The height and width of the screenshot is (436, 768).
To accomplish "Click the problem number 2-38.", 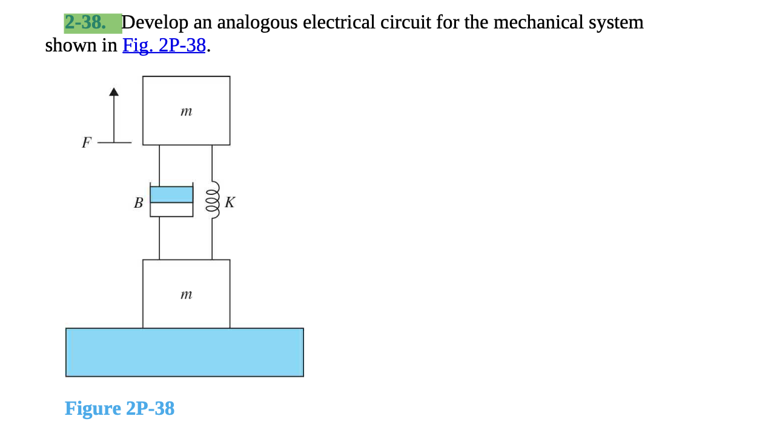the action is tap(85, 22).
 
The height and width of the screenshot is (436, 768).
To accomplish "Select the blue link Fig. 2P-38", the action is tap(164, 45).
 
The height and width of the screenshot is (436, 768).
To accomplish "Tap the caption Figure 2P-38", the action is tap(119, 408).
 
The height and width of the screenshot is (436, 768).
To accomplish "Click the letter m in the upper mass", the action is tap(187, 111).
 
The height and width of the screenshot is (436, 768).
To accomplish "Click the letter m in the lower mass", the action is tap(187, 295).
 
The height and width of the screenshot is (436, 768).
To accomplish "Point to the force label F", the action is tap(87, 143).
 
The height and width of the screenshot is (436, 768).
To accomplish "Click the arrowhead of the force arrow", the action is tap(113, 92).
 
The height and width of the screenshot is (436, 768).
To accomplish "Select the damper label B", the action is tap(139, 203).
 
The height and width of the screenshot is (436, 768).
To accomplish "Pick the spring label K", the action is tap(230, 202).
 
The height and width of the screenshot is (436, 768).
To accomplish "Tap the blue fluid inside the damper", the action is tap(171, 194).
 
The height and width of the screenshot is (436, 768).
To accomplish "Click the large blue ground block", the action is tap(184, 352).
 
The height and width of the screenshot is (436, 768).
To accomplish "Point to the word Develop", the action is tap(155, 22).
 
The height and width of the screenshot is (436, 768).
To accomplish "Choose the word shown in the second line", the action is tap(68, 45).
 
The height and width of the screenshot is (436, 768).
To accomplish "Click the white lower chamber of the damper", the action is tap(171, 210).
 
